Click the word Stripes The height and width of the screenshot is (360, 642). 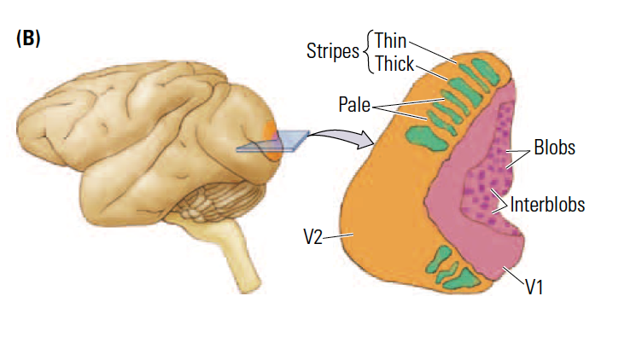coord(332,51)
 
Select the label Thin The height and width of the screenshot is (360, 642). coord(390,40)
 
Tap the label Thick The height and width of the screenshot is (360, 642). coord(394,63)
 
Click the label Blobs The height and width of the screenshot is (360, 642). coord(554,147)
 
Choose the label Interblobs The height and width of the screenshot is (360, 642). coord(547,205)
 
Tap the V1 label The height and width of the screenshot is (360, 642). coord(536,287)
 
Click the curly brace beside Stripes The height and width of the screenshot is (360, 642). coord(367,51)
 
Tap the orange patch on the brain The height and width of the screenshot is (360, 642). coord(271,136)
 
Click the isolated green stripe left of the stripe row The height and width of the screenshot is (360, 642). coord(418,132)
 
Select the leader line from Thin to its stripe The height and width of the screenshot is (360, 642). coord(435,53)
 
